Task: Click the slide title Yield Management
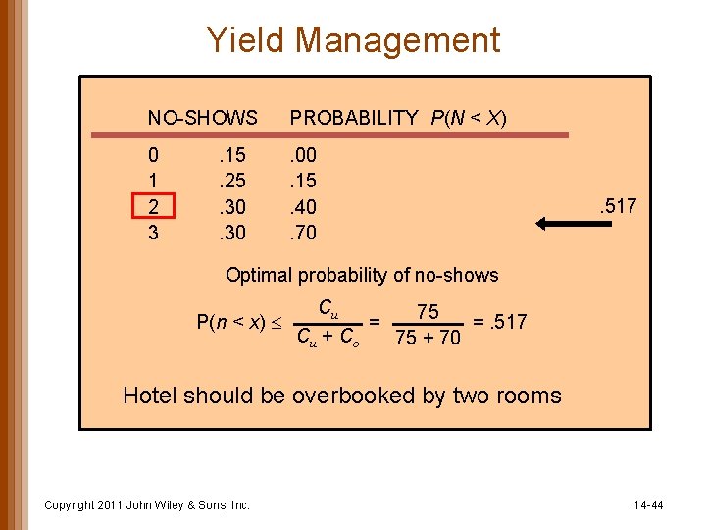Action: click(x=353, y=40)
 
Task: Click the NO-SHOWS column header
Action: click(x=202, y=118)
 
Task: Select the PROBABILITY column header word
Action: click(x=353, y=118)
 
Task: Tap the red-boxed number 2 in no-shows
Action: click(x=153, y=207)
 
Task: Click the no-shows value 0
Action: click(x=153, y=155)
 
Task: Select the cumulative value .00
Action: click(x=302, y=155)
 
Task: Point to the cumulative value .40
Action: click(x=302, y=207)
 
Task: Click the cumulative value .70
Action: click(x=302, y=234)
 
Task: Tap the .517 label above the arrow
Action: click(x=618, y=206)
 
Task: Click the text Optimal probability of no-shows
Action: click(x=362, y=275)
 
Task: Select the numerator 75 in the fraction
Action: click(x=428, y=312)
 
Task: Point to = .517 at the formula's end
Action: click(x=499, y=322)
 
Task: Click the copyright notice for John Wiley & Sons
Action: click(x=147, y=505)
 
